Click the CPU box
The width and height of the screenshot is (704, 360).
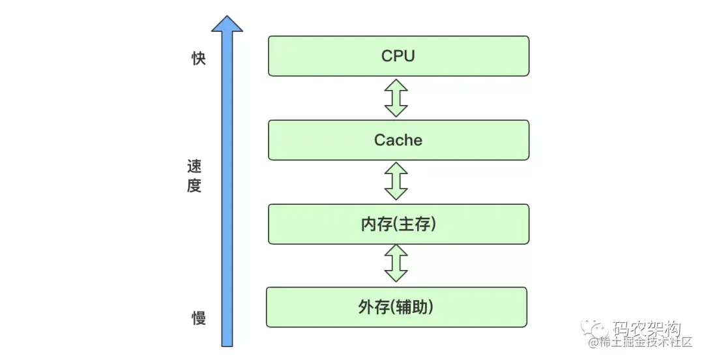[398, 56]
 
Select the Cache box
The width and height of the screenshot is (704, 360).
[398, 140]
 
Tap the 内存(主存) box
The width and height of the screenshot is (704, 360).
[398, 224]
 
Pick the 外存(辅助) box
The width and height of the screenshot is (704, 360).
[396, 307]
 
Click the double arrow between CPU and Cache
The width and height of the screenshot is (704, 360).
[396, 98]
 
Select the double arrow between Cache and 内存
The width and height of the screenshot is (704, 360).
[396, 181]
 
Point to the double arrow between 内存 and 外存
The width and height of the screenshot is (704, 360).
[396, 264]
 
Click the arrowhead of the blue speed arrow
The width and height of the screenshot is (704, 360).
[227, 23]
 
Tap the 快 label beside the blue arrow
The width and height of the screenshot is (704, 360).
[198, 59]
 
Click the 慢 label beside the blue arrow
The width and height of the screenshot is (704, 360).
[198, 318]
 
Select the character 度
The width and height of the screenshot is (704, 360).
[194, 187]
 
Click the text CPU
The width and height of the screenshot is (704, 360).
[398, 56]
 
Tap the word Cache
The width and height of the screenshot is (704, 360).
[398, 140]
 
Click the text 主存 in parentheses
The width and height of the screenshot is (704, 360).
[415, 224]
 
